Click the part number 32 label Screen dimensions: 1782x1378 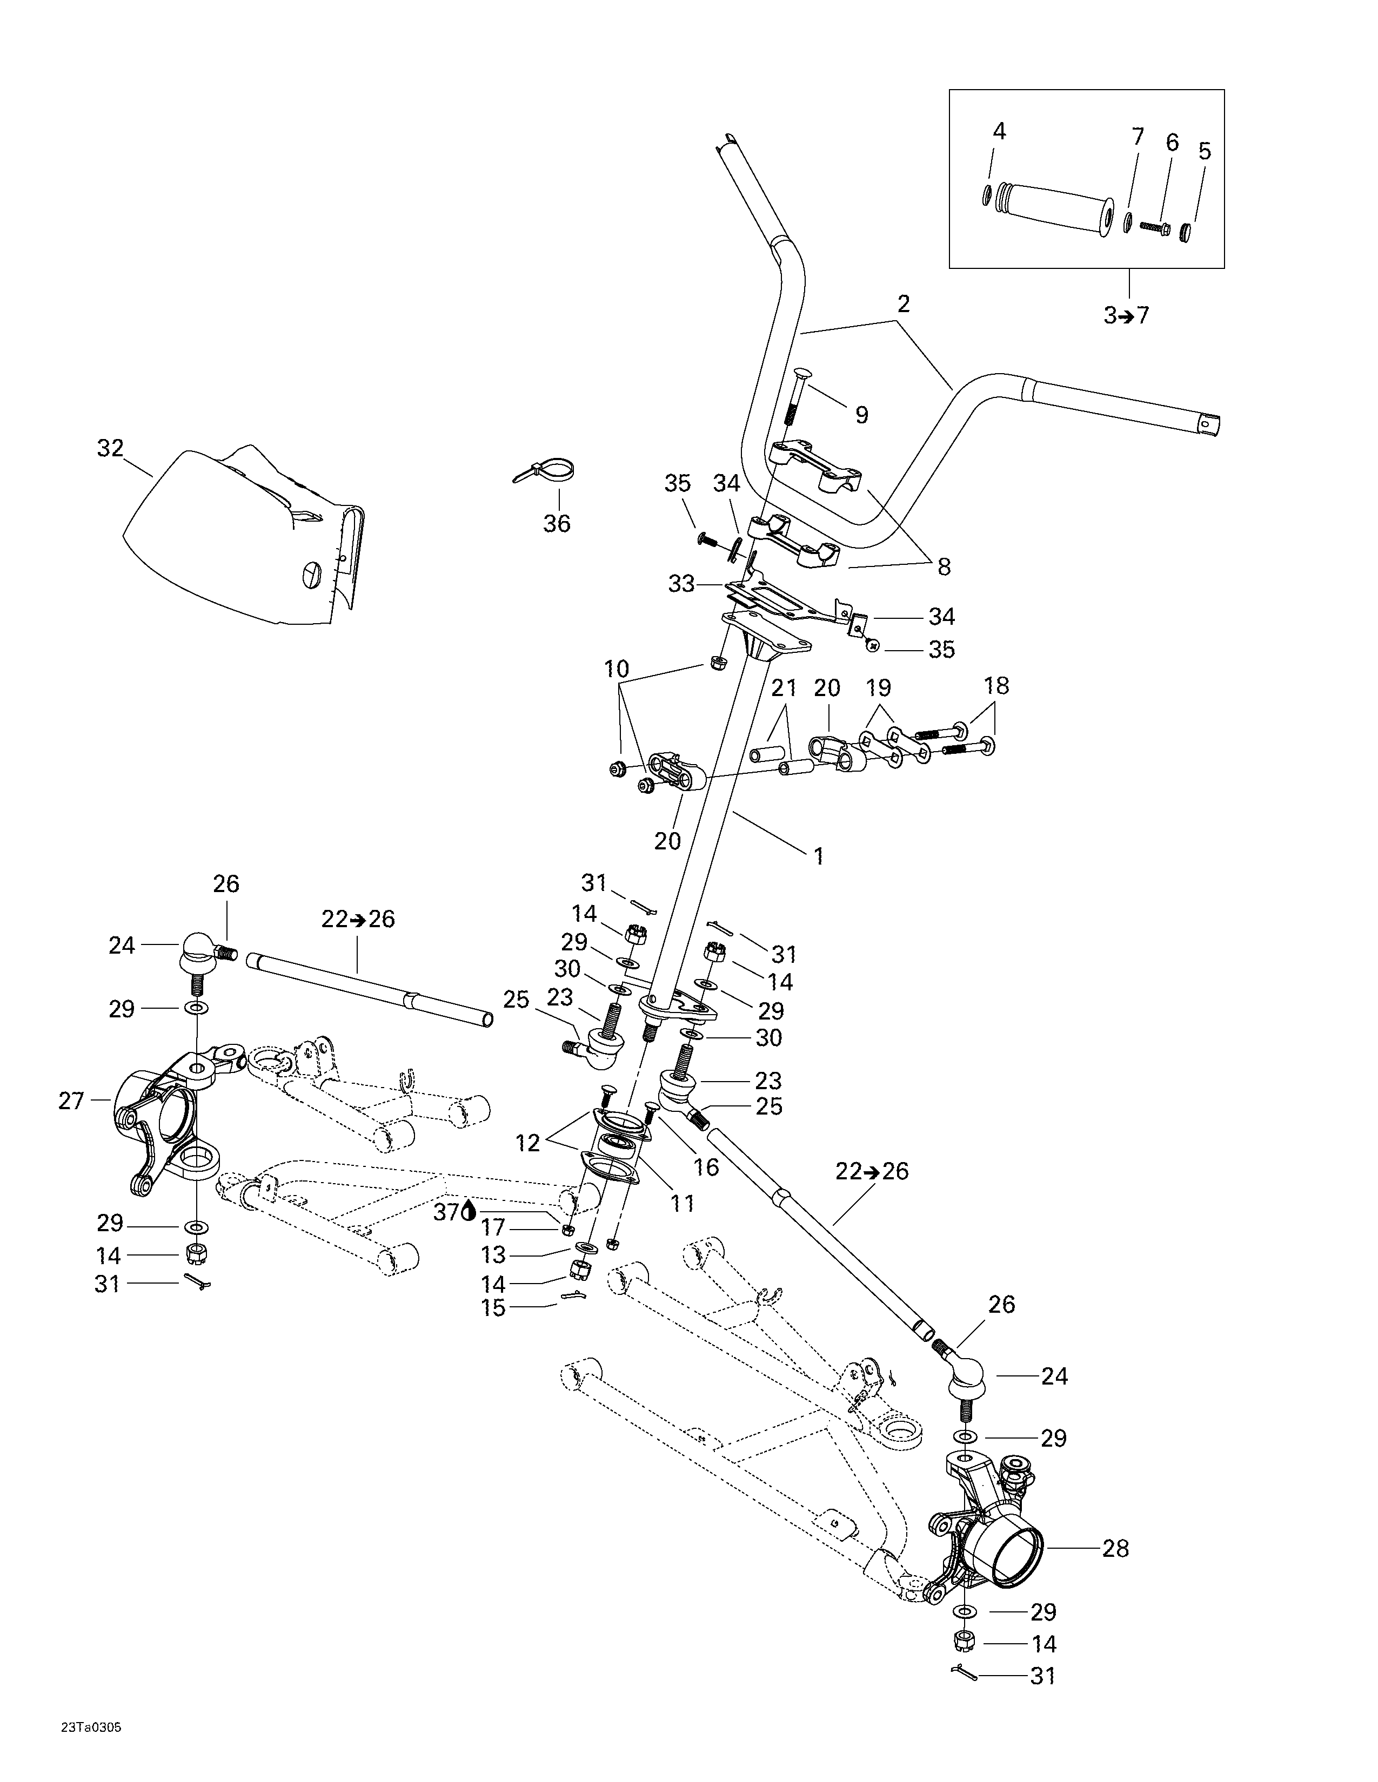pyautogui.click(x=110, y=448)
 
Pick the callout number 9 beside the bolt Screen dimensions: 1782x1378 pyautogui.click(x=861, y=415)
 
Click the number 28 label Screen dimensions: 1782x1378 pyautogui.click(x=1115, y=1548)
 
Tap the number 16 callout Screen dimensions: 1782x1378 pyautogui.click(x=706, y=1167)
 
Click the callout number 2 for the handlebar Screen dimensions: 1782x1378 pyautogui.click(x=903, y=305)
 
